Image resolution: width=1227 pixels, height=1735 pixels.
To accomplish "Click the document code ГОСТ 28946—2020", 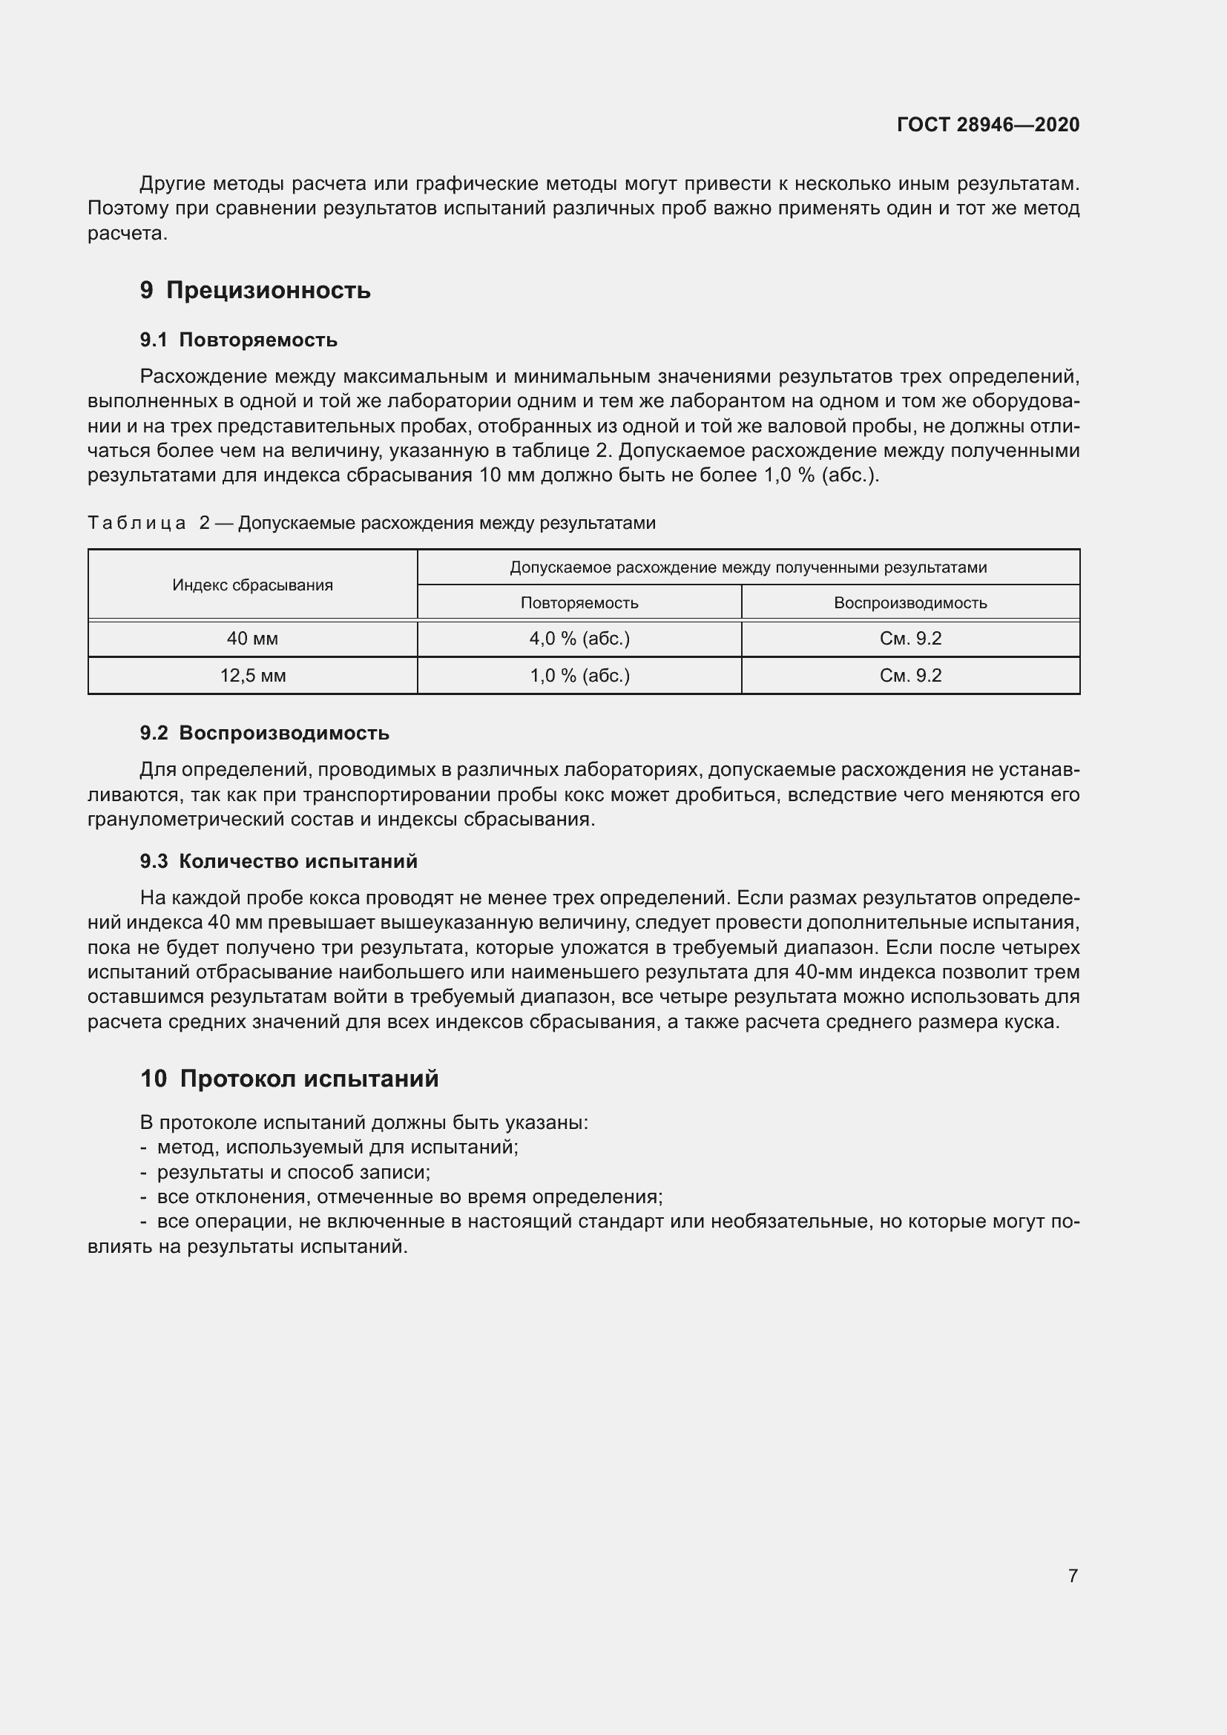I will [x=987, y=125].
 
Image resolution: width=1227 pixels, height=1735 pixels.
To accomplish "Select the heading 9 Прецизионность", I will [x=254, y=290].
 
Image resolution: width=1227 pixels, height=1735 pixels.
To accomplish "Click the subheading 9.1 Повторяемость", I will [x=238, y=340].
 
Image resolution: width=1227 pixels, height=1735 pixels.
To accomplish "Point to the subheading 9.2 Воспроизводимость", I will [x=264, y=733].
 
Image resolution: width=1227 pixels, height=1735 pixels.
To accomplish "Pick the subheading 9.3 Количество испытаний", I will [x=278, y=861].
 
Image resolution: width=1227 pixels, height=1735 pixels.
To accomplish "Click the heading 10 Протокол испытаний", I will [x=289, y=1079].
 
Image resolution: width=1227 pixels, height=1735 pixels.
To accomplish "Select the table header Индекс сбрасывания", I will [x=252, y=585].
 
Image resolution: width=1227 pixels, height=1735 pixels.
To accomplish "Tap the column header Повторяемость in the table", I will [x=579, y=603].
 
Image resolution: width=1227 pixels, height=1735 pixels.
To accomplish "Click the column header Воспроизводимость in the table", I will [x=909, y=603].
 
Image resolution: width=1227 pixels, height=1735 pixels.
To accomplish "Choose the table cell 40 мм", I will [x=252, y=639].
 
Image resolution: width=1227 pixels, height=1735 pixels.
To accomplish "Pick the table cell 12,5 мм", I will [x=252, y=676].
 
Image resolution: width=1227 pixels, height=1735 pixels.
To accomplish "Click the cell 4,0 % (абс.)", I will [x=579, y=639].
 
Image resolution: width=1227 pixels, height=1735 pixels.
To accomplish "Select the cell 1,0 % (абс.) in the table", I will [x=579, y=676].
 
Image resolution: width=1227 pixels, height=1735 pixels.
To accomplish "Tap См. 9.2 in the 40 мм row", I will [x=909, y=639].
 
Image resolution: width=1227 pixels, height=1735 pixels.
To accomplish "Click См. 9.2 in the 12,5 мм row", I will [x=909, y=676].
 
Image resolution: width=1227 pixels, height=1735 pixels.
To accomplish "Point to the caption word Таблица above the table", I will [x=136, y=523].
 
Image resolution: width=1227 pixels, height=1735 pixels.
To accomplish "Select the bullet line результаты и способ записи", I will [x=293, y=1172].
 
